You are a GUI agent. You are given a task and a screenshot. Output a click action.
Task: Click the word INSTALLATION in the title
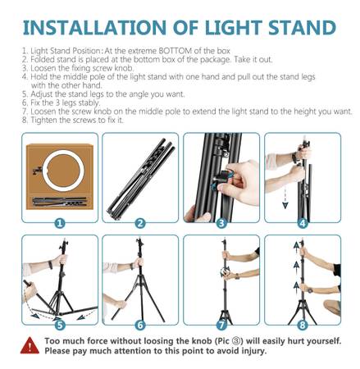(94, 28)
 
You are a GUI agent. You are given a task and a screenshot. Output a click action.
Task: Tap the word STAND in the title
(302, 28)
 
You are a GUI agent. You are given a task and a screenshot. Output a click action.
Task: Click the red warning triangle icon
(30, 345)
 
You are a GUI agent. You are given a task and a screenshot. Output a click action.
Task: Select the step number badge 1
(60, 223)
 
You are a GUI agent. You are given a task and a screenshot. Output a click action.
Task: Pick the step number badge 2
(140, 223)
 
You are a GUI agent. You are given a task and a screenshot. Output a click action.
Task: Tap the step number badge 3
(221, 223)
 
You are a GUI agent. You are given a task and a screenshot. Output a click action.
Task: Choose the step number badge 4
(303, 223)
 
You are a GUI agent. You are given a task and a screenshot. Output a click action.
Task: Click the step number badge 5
(60, 326)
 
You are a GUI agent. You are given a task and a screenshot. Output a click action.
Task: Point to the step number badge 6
(140, 326)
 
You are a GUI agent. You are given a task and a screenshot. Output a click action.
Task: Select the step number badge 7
(221, 326)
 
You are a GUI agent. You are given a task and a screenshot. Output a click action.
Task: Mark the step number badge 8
(303, 326)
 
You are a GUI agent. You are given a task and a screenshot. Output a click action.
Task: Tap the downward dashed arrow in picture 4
(285, 198)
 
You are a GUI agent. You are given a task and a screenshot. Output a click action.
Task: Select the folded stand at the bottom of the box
(60, 202)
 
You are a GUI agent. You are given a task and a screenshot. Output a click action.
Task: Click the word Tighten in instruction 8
(43, 120)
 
